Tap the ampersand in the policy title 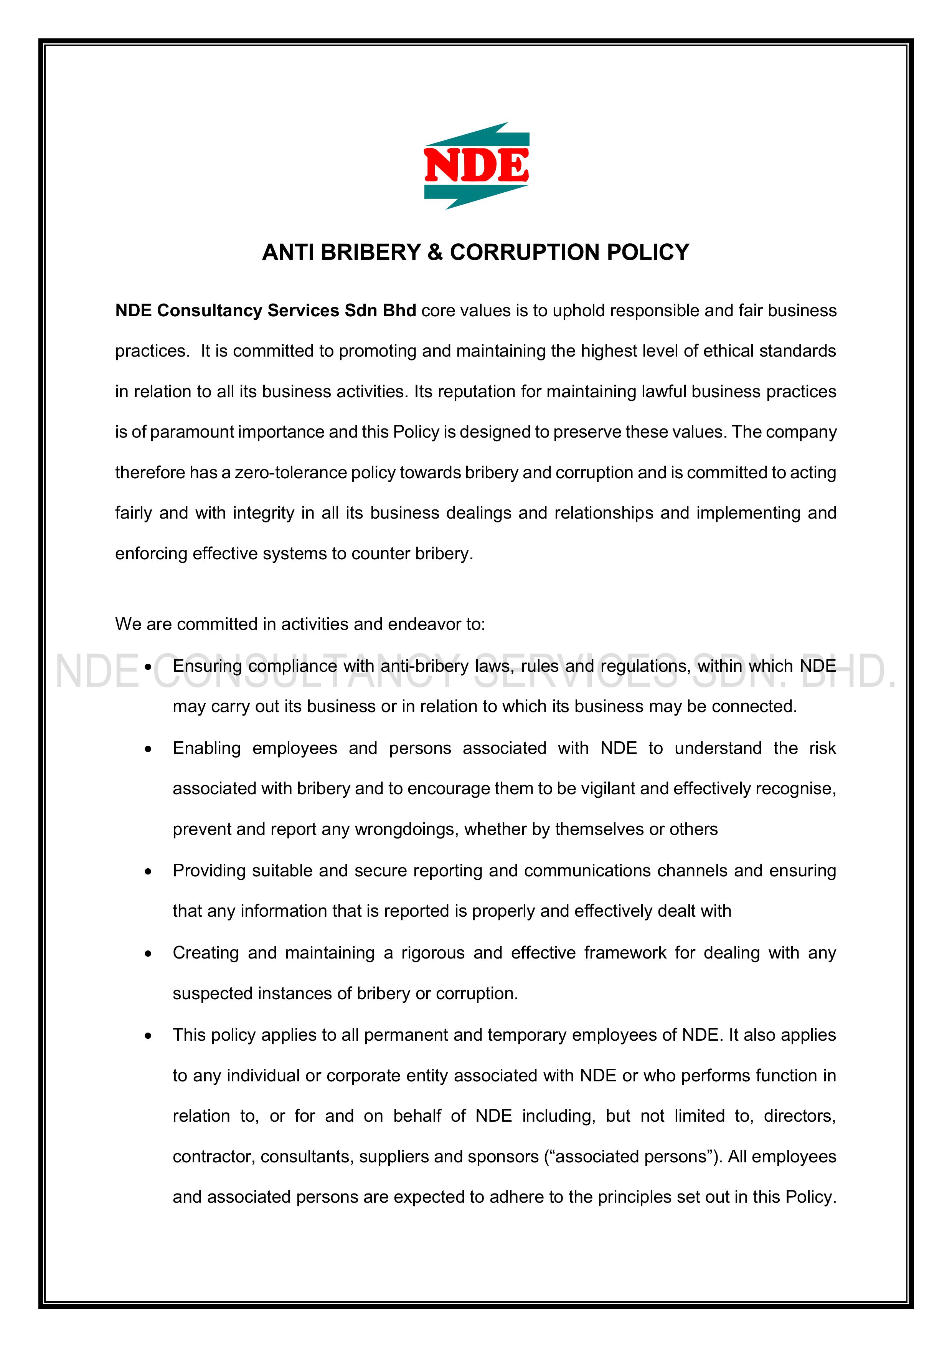(435, 252)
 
